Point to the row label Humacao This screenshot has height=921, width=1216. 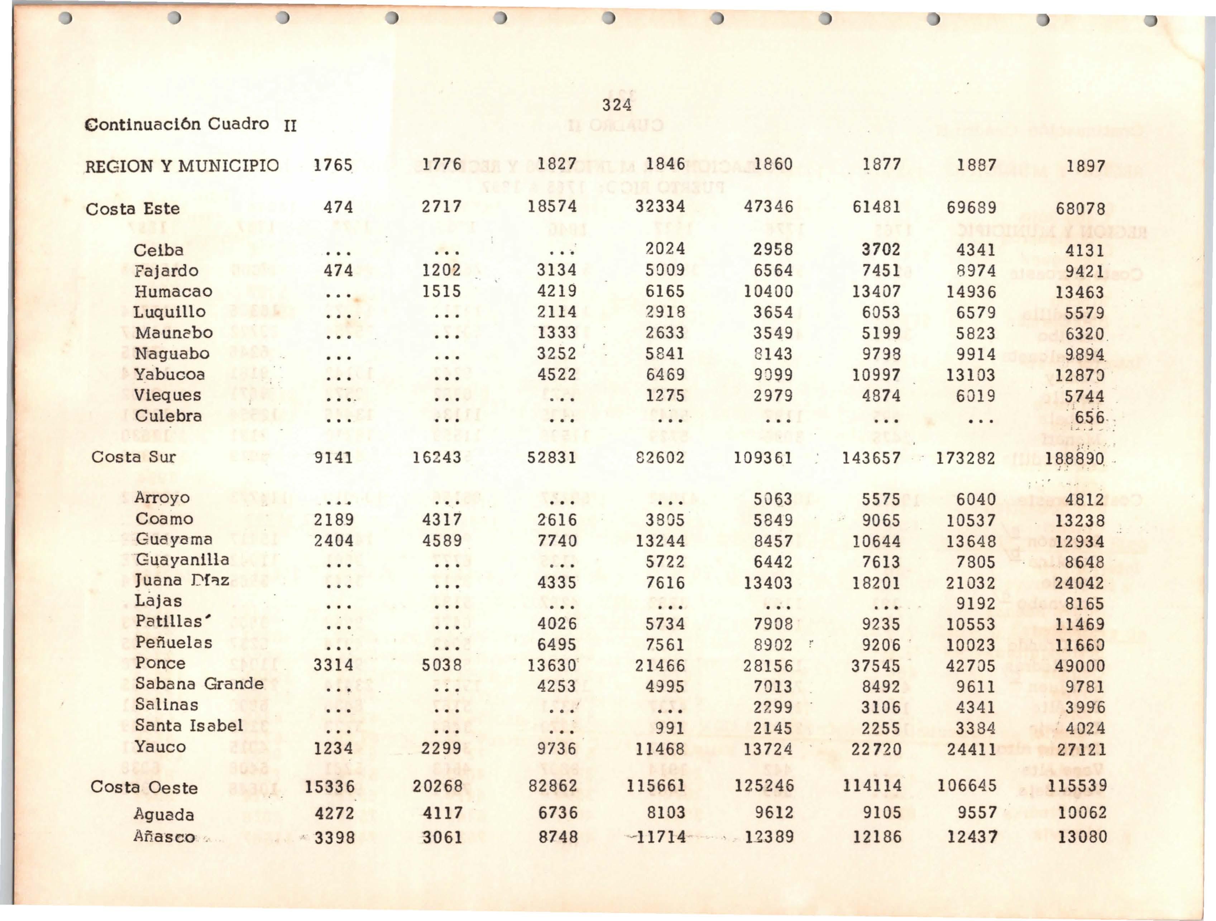173,291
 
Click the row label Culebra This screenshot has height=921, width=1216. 168,416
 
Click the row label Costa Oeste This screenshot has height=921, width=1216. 144,787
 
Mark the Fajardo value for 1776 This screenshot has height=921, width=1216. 441,270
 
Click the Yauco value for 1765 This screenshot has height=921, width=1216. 333,748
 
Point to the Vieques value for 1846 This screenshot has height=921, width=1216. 665,395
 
